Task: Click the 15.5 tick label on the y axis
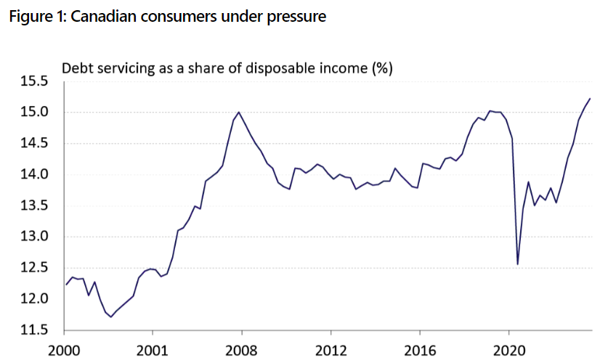point(34,81)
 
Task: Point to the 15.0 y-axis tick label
point(34,112)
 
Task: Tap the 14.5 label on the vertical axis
point(34,143)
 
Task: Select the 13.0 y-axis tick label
point(34,237)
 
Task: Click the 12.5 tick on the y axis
point(34,268)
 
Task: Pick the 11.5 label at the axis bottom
point(34,330)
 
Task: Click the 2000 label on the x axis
point(63,350)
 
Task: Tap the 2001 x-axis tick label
point(153,350)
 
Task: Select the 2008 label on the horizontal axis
point(241,350)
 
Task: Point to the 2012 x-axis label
point(331,350)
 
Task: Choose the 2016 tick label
point(420,350)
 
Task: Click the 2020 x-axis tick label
point(509,350)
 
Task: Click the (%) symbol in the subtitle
point(382,68)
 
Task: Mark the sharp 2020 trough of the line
point(518,264)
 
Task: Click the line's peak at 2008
point(239,112)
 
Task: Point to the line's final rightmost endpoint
point(590,99)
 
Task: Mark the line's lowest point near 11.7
point(111,317)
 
